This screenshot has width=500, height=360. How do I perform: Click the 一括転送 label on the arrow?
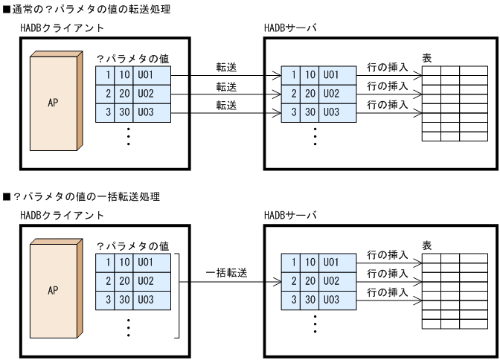tap(226, 273)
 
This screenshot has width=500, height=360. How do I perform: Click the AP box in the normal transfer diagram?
tap(53, 103)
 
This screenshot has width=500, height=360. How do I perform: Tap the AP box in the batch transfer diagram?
tap(53, 290)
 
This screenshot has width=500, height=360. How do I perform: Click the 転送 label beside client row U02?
tap(226, 87)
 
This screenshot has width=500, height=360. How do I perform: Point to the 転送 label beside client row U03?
tap(226, 106)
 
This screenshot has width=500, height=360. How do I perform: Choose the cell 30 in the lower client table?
tap(125, 300)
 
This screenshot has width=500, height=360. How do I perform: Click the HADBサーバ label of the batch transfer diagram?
tap(290, 215)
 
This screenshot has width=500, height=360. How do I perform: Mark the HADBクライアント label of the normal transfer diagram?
tap(62, 28)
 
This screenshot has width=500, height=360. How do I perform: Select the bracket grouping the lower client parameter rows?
tap(179, 294)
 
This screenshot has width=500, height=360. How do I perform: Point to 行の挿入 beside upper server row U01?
tap(388, 68)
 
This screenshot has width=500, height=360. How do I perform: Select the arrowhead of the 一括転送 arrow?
tap(278, 282)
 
